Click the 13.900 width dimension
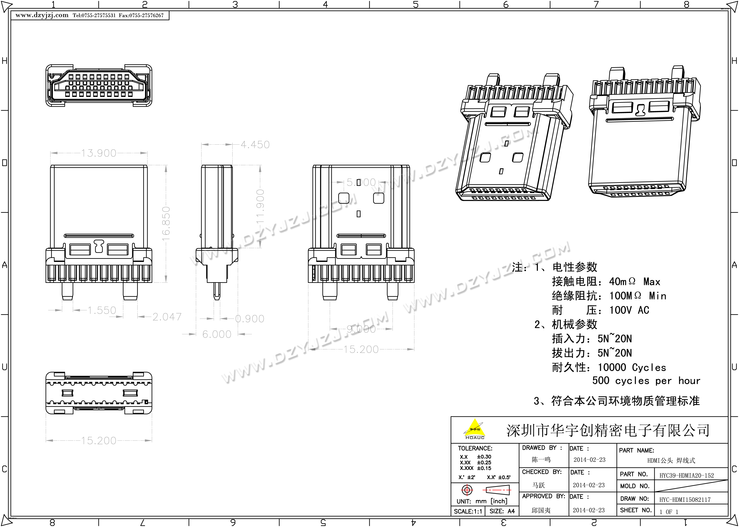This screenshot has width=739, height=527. tap(98, 153)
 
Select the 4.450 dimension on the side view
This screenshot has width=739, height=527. tap(255, 145)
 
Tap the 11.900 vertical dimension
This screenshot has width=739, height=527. tap(260, 207)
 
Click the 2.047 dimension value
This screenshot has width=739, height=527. tap(167, 317)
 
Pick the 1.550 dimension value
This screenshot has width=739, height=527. tap(102, 310)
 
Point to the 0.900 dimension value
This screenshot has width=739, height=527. tap(249, 319)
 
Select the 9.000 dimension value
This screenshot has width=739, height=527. tap(361, 329)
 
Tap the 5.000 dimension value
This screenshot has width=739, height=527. tap(361, 182)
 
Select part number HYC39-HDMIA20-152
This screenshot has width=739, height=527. tap(686, 476)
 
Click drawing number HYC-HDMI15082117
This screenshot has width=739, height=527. tap(685, 500)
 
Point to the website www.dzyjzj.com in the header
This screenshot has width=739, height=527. tap(42, 15)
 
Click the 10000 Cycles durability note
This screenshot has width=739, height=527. tap(632, 367)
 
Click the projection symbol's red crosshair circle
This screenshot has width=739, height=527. tap(467, 490)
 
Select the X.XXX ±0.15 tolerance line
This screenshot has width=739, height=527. tap(475, 468)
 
